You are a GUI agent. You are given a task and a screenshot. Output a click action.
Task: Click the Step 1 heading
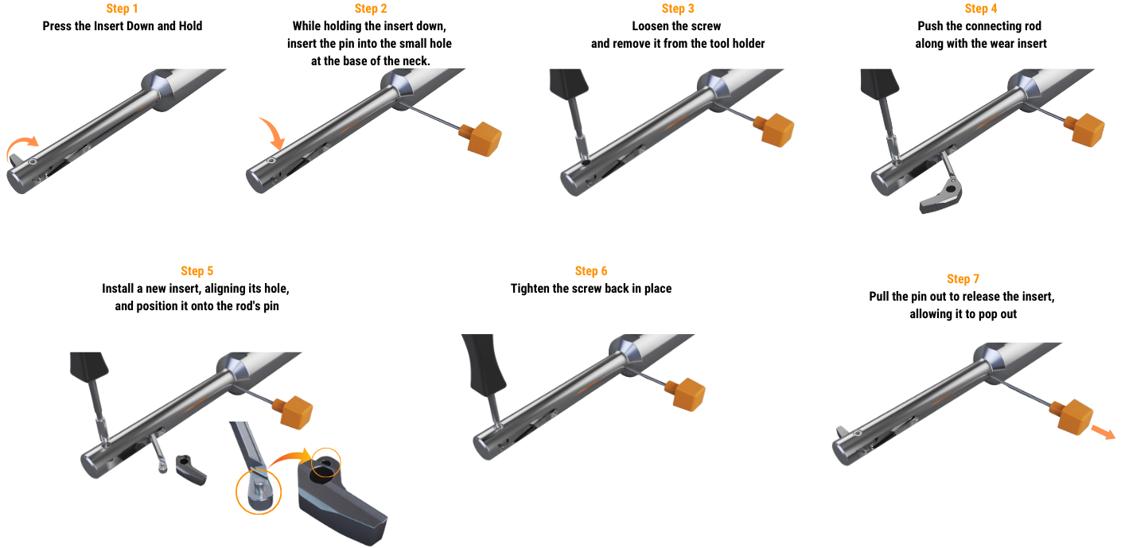tap(122, 9)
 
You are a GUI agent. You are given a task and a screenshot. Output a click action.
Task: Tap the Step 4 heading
tap(981, 9)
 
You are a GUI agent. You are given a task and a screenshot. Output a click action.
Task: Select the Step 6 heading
tap(591, 270)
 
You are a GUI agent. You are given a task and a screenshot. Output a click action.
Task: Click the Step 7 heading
tap(963, 278)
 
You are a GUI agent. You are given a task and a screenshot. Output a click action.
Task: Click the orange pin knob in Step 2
tap(481, 138)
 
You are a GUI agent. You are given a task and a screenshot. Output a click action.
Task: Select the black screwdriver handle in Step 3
tap(569, 83)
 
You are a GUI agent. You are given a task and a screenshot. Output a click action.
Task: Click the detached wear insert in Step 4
tap(943, 197)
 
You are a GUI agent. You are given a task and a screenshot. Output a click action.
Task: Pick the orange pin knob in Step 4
tap(1084, 130)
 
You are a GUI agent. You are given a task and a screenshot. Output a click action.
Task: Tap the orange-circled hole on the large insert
tap(325, 464)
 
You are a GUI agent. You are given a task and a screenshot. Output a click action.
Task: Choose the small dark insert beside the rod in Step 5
tap(191, 469)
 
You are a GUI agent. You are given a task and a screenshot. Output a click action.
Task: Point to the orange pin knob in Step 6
tap(686, 394)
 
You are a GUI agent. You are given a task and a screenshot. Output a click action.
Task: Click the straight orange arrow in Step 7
tap(1103, 432)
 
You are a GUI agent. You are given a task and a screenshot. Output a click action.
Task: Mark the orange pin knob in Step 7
tap(1072, 417)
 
